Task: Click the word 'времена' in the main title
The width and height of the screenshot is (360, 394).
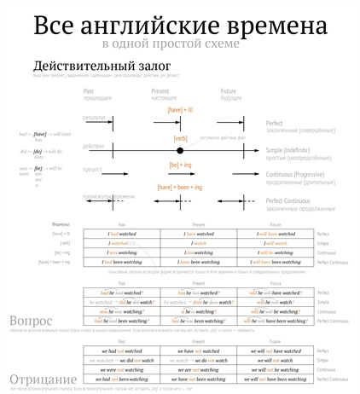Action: pyautogui.click(x=256, y=24)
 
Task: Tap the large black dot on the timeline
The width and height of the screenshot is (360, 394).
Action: pyautogui.click(x=179, y=150)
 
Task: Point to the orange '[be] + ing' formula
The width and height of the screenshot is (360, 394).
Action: pyautogui.click(x=180, y=164)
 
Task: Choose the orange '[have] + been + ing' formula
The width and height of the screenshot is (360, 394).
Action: pyautogui.click(x=180, y=187)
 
